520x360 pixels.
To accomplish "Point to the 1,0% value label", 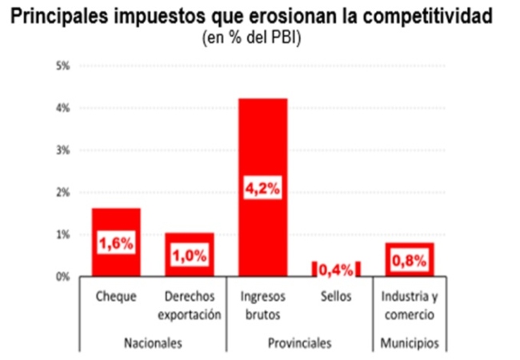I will click(x=189, y=257).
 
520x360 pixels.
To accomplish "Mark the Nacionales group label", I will click(x=153, y=343).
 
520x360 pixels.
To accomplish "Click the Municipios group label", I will click(x=409, y=343).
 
